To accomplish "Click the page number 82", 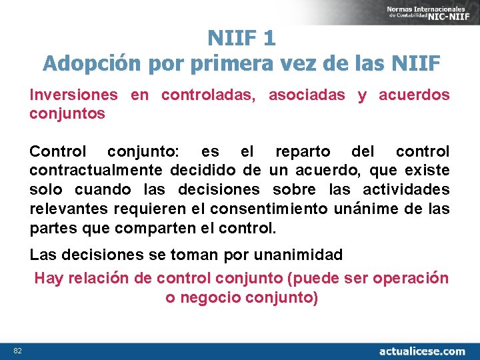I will point(17,351).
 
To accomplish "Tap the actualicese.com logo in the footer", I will point(422,351).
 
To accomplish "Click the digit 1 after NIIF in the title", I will point(269,38).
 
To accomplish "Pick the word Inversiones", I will point(73,95).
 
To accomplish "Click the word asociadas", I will point(307,95).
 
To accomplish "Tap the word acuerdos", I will point(414,95).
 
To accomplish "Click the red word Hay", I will point(48,279).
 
